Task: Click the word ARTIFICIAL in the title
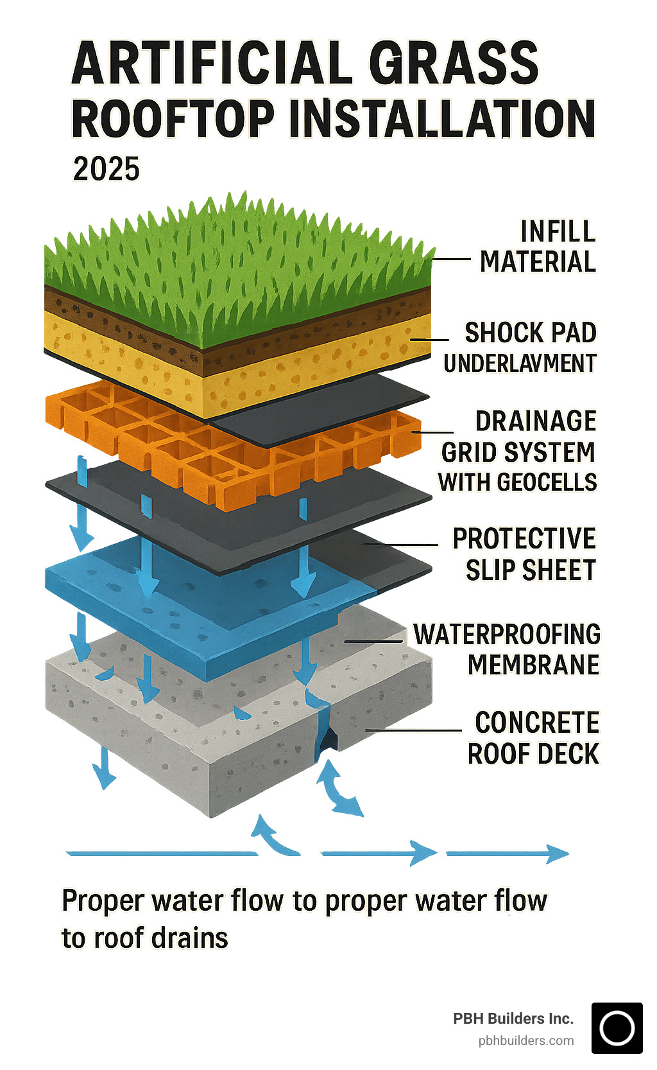point(212,63)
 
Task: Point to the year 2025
point(106,170)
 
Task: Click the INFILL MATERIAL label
point(538,247)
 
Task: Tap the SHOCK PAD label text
point(531,333)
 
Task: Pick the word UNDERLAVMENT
point(520,364)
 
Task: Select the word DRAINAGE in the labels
point(536,421)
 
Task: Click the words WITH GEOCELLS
point(517,482)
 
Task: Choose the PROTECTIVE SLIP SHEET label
point(524,554)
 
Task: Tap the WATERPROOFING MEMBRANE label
point(507,649)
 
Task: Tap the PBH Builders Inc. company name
point(513,1018)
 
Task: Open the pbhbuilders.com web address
point(526,1040)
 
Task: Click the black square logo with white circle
point(617,1028)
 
